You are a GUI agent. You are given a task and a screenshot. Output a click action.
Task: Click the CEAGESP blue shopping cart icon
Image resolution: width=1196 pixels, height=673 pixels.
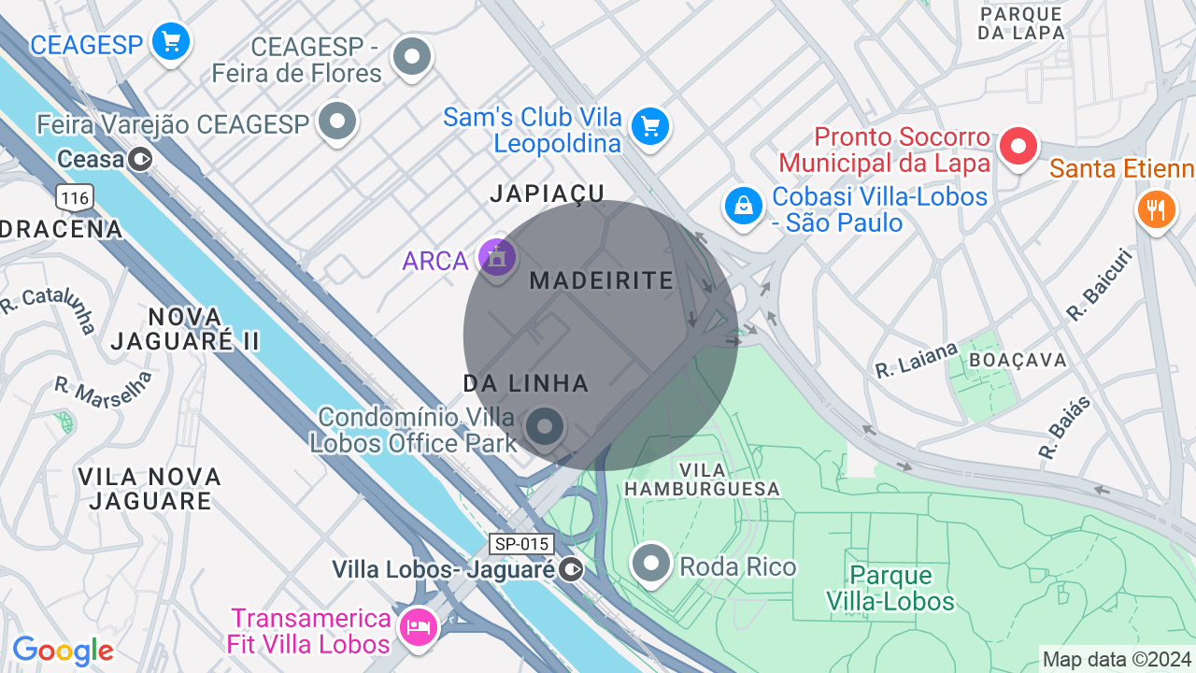[x=170, y=42]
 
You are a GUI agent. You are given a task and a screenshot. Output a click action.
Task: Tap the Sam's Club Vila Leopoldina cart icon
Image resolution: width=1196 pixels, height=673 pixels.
[x=649, y=126]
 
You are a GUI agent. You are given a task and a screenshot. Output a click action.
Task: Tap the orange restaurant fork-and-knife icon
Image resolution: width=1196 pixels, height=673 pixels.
[x=1156, y=208]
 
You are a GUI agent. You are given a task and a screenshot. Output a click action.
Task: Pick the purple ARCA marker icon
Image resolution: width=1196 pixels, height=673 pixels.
[x=496, y=257]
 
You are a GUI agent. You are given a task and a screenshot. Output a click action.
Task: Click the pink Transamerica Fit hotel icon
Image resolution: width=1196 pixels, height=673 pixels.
[x=417, y=626]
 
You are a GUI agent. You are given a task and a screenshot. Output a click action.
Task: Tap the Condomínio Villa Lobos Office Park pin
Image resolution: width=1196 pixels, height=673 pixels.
[x=544, y=427]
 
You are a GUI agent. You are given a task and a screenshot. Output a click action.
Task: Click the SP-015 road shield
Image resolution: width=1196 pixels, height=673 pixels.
[x=521, y=544]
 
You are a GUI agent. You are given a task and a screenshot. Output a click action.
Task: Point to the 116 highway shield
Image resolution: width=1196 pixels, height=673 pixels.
[x=74, y=197]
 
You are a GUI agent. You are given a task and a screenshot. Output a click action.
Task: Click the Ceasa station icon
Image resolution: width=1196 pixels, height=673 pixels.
[x=140, y=160]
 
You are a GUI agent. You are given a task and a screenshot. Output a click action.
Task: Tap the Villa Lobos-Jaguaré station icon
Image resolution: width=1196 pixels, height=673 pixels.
[x=571, y=568]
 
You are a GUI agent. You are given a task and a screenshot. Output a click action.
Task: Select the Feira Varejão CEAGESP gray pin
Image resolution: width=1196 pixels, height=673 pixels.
[x=337, y=122]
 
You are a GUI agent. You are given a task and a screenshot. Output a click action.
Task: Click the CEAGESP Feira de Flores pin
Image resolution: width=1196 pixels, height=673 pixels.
[x=411, y=56]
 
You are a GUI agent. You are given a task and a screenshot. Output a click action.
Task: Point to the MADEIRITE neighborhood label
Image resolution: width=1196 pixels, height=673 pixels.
[x=601, y=280]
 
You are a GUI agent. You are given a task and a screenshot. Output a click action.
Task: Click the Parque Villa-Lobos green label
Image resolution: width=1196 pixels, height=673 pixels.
[x=890, y=588]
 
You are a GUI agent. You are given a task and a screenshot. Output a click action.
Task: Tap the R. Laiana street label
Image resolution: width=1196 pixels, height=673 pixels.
[x=917, y=360]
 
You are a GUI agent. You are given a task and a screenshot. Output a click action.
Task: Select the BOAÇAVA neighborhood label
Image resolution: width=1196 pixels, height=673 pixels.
[x=1018, y=360]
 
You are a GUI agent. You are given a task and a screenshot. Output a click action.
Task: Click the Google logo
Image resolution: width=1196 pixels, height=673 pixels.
[x=63, y=651]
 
